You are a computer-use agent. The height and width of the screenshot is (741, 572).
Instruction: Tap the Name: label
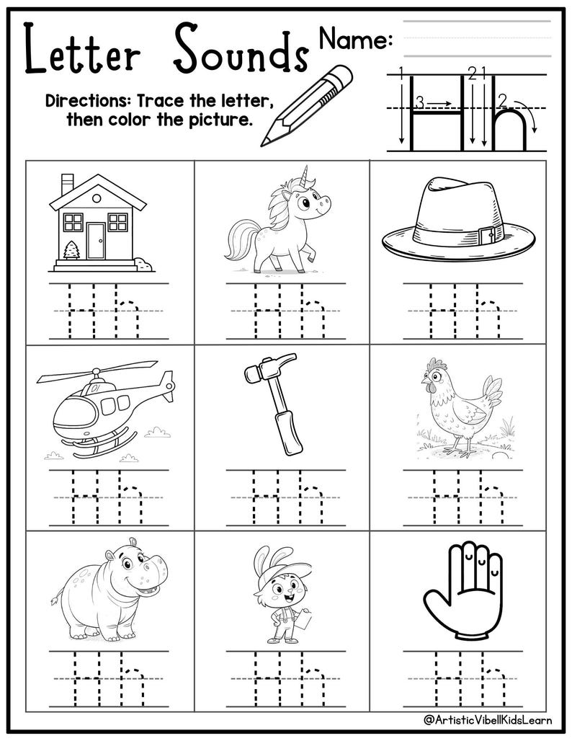click(355, 40)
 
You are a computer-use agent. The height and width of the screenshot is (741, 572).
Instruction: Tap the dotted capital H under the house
click(81, 312)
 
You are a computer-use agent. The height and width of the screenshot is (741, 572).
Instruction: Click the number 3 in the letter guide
click(418, 102)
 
